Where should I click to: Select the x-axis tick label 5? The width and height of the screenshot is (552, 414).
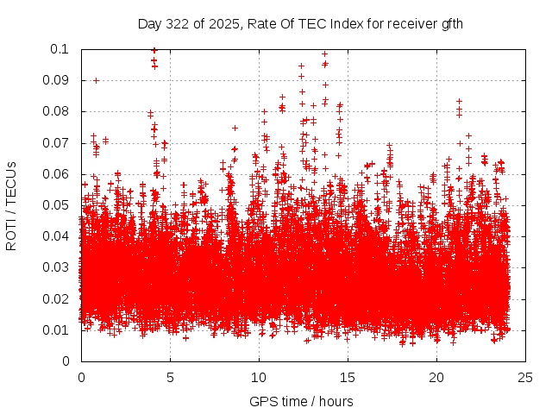170,378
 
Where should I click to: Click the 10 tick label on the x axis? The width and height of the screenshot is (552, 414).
259,378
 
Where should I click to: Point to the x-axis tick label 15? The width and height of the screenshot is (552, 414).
348,378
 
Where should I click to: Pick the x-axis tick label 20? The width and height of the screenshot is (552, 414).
436,378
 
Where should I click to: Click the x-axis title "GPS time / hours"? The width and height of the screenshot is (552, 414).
301,402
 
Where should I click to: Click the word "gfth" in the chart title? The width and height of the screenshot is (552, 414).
451,23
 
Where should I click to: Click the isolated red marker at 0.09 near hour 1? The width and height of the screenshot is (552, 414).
96,80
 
